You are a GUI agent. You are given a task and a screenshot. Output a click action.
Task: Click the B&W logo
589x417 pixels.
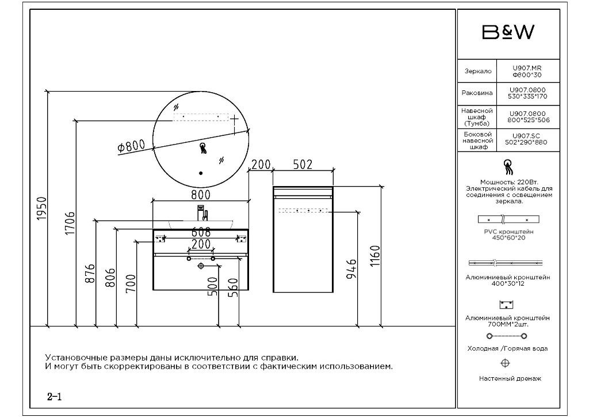(508, 32)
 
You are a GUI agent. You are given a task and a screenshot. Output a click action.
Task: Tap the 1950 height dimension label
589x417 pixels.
(41, 208)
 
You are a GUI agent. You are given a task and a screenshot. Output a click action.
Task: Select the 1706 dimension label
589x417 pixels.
(70, 223)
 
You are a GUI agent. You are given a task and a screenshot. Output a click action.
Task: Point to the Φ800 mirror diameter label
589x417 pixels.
(131, 146)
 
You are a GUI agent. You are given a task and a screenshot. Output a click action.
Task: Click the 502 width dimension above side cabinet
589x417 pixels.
(303, 164)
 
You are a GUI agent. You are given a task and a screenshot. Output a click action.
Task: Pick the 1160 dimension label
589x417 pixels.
(375, 256)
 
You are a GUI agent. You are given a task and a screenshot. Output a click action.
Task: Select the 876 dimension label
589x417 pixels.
(90, 274)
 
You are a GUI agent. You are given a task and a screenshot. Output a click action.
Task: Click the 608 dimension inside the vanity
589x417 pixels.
(201, 232)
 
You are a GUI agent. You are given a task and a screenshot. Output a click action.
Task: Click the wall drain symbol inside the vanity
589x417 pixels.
(201, 266)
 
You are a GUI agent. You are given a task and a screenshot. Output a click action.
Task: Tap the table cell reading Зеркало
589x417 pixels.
(477, 71)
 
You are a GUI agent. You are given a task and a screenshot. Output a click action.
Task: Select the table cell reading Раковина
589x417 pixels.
(477, 93)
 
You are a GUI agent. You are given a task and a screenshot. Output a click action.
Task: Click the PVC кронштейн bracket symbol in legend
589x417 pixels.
(508, 219)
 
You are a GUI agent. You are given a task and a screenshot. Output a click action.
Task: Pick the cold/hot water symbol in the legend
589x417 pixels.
(507, 336)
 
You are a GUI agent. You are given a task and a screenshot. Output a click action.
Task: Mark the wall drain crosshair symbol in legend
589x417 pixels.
(505, 363)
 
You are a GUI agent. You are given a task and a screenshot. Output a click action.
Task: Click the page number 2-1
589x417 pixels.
(55, 396)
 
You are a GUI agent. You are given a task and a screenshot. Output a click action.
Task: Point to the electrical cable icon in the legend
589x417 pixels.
(507, 167)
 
